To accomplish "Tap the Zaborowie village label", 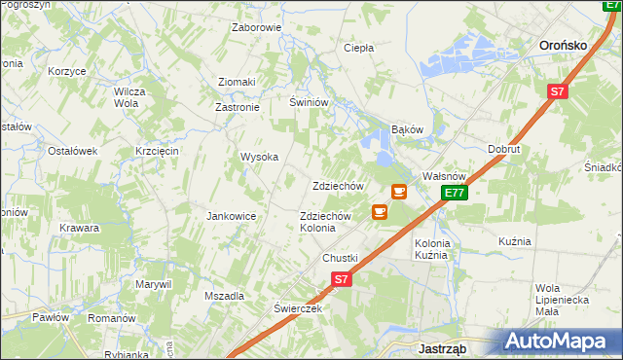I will (x=256, y=27).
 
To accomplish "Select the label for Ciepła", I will (x=359, y=47).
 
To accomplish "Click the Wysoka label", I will (x=260, y=157).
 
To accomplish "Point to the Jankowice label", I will (x=231, y=216).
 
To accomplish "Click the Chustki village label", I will (x=341, y=258).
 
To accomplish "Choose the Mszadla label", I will (x=224, y=295).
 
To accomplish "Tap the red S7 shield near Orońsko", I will (x=556, y=92).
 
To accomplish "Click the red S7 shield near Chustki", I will (x=340, y=279).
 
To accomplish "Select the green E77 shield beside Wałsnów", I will (x=455, y=194).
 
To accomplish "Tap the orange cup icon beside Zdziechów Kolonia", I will (x=379, y=211).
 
